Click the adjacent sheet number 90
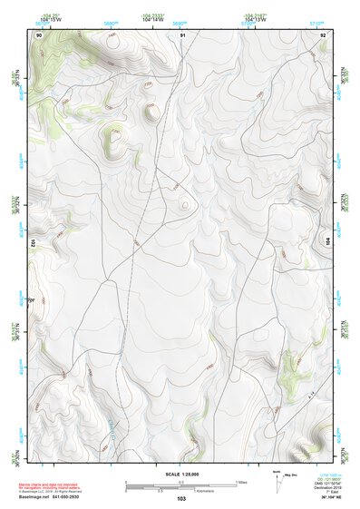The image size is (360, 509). pos(39,34)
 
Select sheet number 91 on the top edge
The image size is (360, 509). pos(183,34)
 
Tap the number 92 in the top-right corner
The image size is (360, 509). pos(324,34)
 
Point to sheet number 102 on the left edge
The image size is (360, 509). pos(33,243)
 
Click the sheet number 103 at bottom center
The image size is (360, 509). pos(181,499)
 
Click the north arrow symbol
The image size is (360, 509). pos(276,478)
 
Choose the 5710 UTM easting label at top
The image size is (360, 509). pos(316,24)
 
